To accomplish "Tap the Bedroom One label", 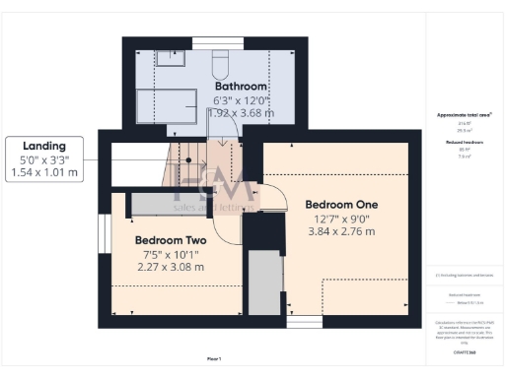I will (x=342, y=205).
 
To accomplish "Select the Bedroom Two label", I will (x=170, y=240).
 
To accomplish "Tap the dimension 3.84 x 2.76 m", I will (x=342, y=231).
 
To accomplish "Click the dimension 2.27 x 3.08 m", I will (x=170, y=267).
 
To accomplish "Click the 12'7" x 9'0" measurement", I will (x=342, y=218).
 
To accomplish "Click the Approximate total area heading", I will (x=465, y=115).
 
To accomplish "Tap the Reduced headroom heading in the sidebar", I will (x=465, y=143).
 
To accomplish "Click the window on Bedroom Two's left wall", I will (x=103, y=240).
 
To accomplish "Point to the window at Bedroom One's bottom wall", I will (x=304, y=321).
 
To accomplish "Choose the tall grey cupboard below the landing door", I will (x=263, y=283).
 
